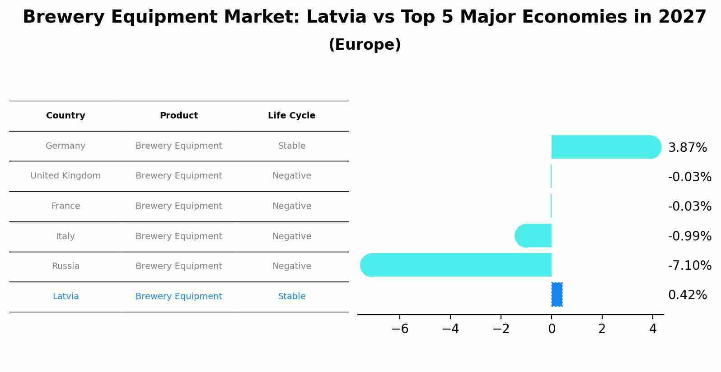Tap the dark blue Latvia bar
[x=557, y=294]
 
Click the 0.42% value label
[x=687, y=295]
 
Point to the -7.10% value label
[x=689, y=265]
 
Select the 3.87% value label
[x=687, y=148]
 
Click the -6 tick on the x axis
[x=400, y=329]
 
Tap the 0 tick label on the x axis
[x=552, y=329]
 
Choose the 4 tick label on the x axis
[x=652, y=329]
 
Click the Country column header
[x=66, y=116]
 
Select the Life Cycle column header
[x=291, y=116]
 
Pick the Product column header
[x=179, y=116]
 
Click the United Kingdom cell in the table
[x=66, y=176]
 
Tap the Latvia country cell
[x=66, y=297]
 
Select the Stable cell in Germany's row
[x=291, y=146]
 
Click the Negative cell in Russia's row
[x=291, y=266]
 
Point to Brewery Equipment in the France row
[x=179, y=206]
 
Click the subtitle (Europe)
[x=365, y=45]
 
